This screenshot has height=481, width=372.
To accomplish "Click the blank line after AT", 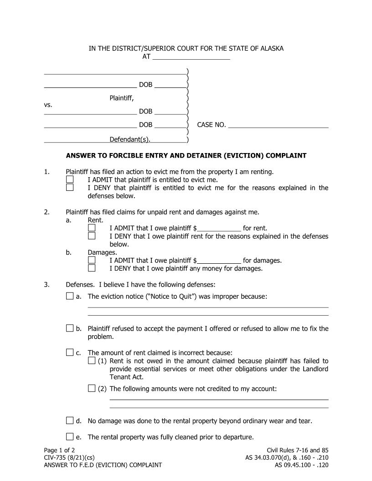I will pyautogui.click(x=191, y=56).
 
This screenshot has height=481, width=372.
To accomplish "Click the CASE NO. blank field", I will pyautogui.click(x=278, y=125).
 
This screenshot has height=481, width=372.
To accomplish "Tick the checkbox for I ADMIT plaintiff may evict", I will pyautogui.click(x=70, y=179).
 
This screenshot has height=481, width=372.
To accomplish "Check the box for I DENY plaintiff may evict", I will pyautogui.click(x=70, y=187).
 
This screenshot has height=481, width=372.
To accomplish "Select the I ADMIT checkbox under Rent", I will pyautogui.click(x=92, y=228).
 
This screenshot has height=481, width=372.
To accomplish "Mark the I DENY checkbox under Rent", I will pyautogui.click(x=92, y=236).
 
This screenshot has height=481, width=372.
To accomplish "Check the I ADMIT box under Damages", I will pyautogui.click(x=92, y=260).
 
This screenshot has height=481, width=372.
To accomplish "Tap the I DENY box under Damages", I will pyautogui.click(x=92, y=268).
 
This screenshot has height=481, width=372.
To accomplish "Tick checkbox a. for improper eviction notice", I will pyautogui.click(x=70, y=297).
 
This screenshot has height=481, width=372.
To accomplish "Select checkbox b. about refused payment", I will pyautogui.click(x=70, y=328).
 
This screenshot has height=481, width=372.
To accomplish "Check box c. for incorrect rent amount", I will pyautogui.click(x=70, y=352).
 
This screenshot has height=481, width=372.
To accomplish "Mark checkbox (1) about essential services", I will pyautogui.click(x=92, y=361).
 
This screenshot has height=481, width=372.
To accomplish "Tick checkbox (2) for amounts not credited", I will pyautogui.click(x=92, y=389).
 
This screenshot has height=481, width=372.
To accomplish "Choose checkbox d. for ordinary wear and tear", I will pyautogui.click(x=70, y=421).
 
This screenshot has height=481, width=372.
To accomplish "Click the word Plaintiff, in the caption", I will pyautogui.click(x=122, y=98).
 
